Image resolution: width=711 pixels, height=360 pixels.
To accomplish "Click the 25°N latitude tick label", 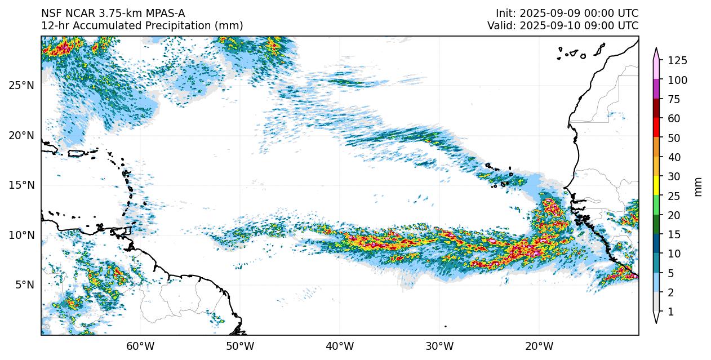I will (21, 86).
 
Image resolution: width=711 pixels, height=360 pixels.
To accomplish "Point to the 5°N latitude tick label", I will (24, 285).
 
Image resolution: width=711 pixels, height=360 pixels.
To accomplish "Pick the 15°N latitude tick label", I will (21, 185).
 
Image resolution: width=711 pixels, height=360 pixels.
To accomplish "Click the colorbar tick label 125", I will (677, 61).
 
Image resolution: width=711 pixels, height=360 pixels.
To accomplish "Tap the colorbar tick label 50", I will (674, 138).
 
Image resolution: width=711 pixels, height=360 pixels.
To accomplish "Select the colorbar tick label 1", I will (671, 312).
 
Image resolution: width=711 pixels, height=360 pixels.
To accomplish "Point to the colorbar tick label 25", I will (674, 196).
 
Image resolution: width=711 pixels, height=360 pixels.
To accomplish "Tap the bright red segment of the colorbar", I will (656, 128).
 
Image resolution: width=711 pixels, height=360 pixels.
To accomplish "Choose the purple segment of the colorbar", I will (656, 90).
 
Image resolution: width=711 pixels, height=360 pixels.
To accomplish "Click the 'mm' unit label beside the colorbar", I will (699, 186).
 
